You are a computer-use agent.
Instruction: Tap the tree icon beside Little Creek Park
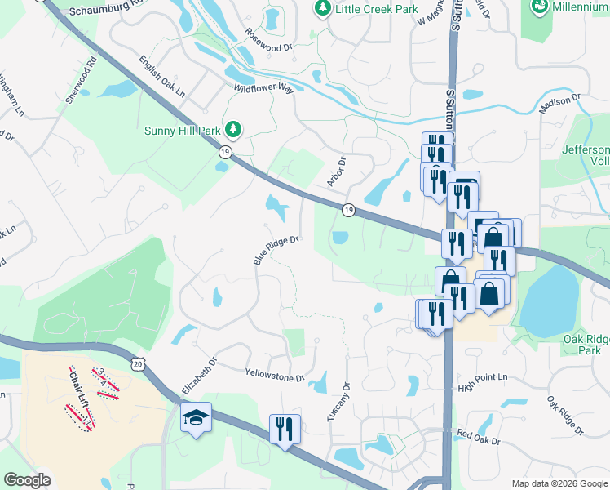[323, 7]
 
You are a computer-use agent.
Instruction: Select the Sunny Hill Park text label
[183, 130]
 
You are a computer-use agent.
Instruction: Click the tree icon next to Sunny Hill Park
[234, 129]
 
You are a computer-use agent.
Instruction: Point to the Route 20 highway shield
[137, 362]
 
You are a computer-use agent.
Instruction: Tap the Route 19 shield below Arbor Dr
[347, 209]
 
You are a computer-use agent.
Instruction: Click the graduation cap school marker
[196, 418]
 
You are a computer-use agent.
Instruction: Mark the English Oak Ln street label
[161, 78]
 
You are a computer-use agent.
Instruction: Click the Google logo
[27, 480]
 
